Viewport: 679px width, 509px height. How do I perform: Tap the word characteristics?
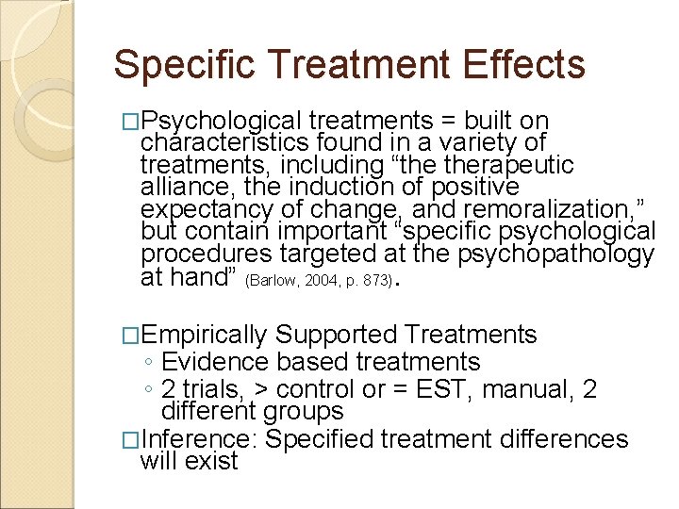226,143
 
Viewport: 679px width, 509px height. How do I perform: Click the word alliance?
182,188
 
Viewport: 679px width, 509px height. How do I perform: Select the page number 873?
373,281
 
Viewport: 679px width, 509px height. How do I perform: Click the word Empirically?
207,335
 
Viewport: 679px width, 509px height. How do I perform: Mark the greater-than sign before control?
255,390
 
